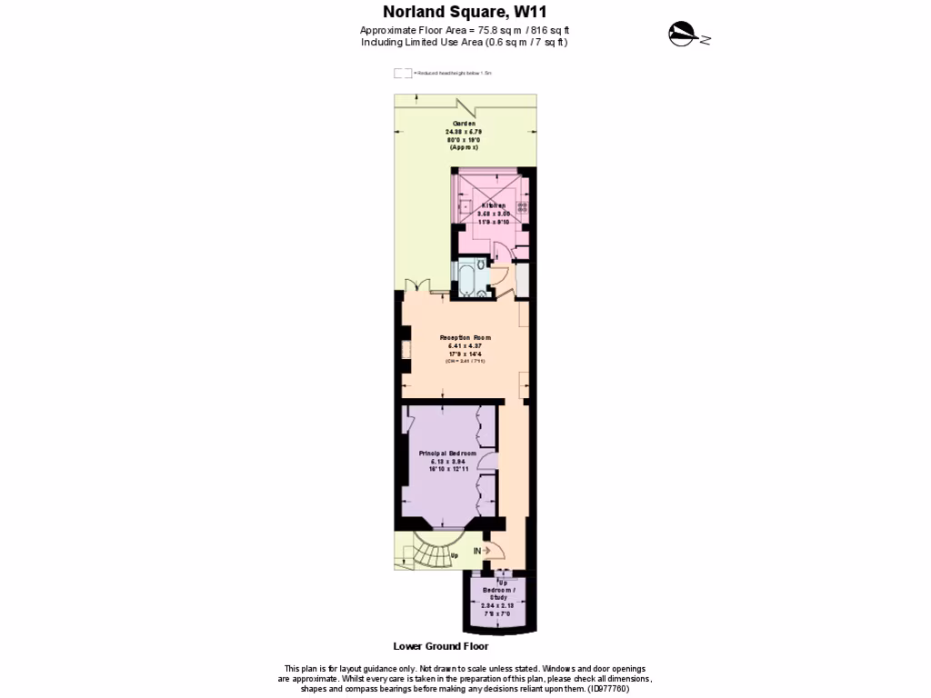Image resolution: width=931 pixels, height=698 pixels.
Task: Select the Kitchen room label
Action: [487, 206]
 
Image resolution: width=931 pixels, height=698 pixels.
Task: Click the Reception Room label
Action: [465, 337]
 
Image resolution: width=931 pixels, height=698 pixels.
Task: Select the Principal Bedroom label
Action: [447, 453]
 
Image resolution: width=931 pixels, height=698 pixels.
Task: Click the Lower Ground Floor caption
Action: [440, 647]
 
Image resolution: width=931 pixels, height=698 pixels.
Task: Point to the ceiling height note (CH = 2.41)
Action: [465, 362]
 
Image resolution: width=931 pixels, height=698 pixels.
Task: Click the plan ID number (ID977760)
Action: [606, 688]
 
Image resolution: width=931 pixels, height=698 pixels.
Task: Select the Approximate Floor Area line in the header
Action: [465, 30]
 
